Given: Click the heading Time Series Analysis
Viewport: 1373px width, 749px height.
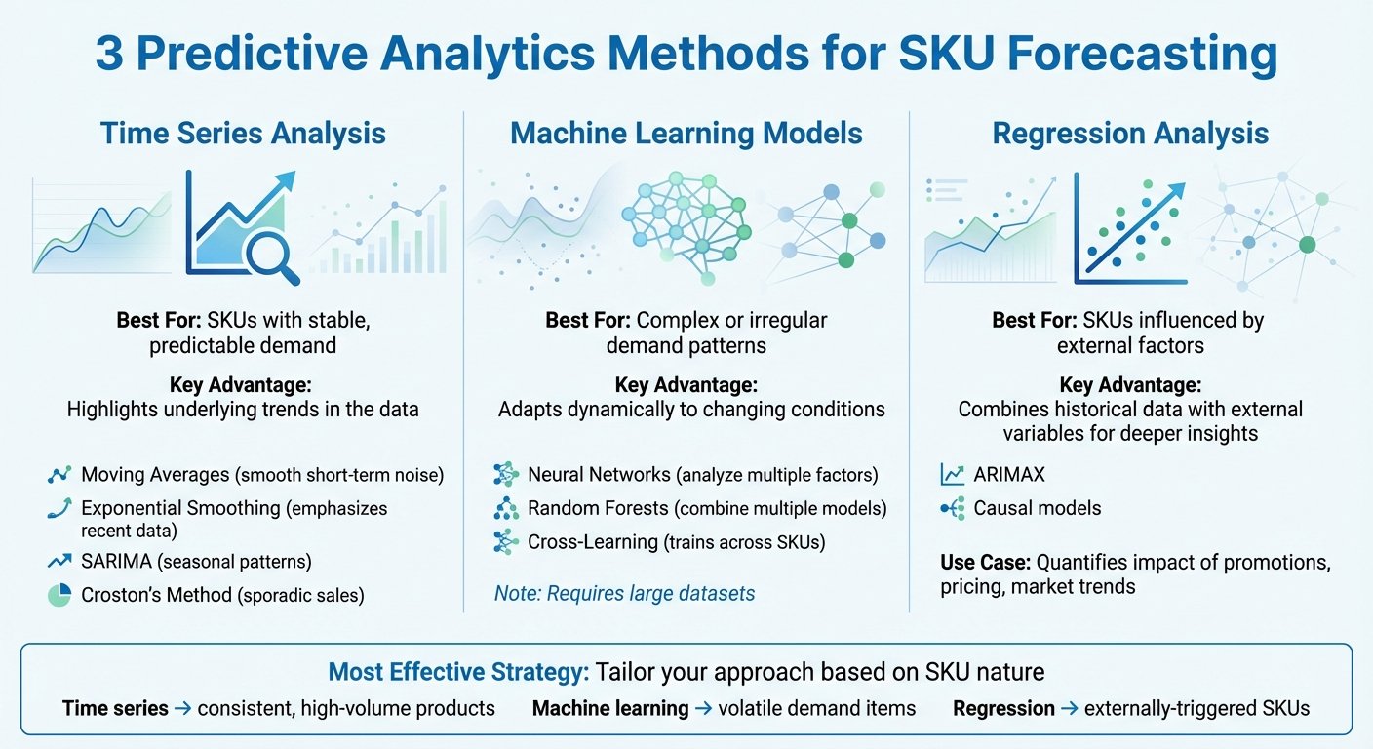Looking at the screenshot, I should tap(243, 134).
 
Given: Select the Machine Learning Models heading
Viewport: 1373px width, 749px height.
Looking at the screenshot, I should tap(686, 134).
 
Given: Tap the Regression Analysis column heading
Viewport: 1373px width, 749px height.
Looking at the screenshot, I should tap(1130, 134).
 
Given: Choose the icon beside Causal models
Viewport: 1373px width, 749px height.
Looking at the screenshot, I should tap(952, 508).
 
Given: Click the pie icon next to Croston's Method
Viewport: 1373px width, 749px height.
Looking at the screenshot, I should tap(59, 595).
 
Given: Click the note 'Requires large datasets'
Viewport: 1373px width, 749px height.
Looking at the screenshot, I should tap(624, 593).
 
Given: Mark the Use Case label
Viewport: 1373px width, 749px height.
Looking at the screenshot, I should tap(985, 563).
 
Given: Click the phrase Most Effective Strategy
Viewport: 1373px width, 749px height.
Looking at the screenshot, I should tap(457, 672).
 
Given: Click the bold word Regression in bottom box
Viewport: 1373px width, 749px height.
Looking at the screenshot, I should tap(1003, 709).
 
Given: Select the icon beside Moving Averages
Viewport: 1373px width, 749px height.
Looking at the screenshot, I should tap(59, 475).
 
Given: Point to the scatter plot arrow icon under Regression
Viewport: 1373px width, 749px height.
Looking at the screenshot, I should tap(1131, 226).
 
